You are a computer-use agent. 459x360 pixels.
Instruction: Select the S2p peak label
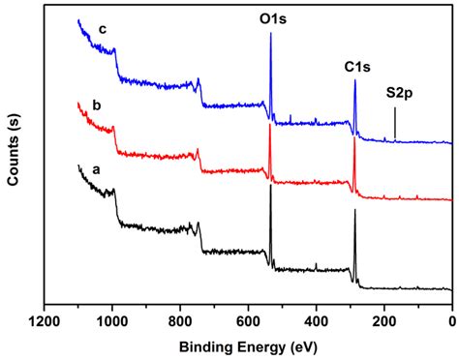402,95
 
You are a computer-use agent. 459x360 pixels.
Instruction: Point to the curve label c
102,28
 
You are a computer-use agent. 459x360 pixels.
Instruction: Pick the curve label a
95,168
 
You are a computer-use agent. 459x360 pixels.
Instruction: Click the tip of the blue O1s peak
270,33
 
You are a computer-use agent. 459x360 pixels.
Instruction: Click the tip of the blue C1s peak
355,80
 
